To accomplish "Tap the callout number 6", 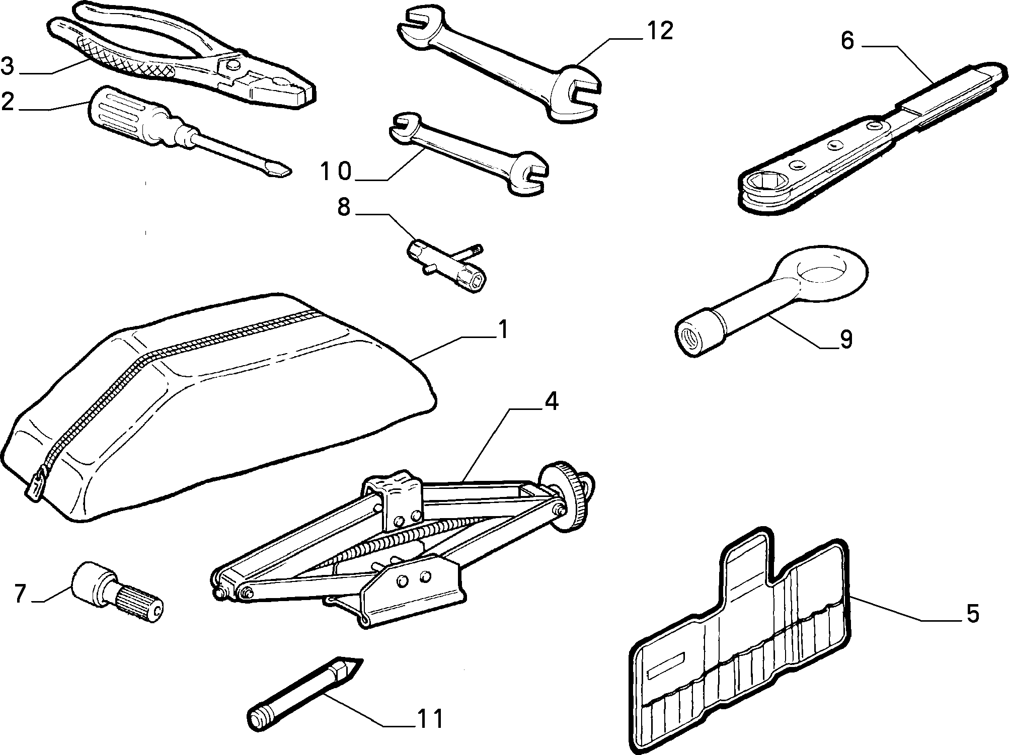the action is click(x=847, y=40).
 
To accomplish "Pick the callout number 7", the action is click(x=20, y=594).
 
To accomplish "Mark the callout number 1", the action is click(x=502, y=330).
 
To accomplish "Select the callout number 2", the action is click(x=9, y=102).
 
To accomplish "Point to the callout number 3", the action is click(x=8, y=66).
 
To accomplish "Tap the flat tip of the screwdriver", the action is click(x=282, y=170).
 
